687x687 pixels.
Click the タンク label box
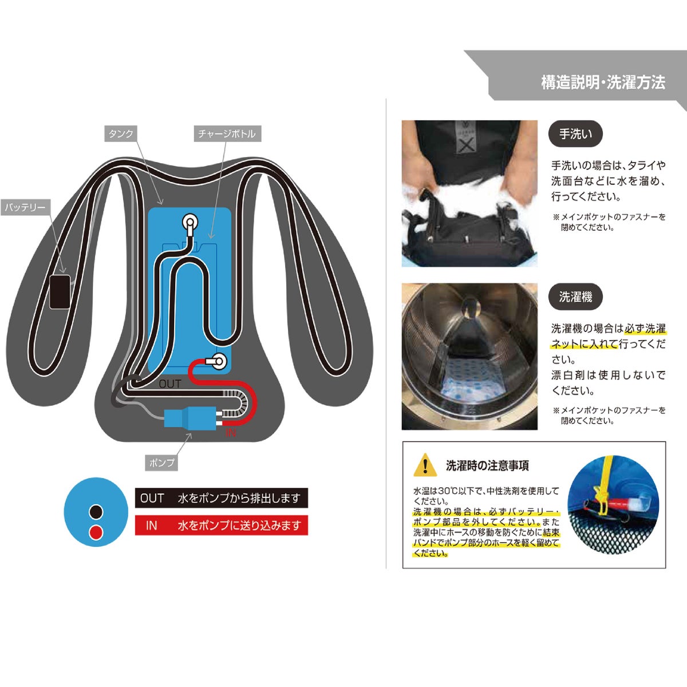pos(121,134)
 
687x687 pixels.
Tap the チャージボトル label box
pos(227,134)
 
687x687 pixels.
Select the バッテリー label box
pos(25,207)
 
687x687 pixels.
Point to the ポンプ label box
pos(161,463)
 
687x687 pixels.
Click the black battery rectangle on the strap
pos(60,291)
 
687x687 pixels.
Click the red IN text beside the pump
pos(230,433)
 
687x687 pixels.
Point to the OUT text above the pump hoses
pos(169,384)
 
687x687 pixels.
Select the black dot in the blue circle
pos(96,512)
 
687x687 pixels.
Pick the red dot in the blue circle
pos(96,532)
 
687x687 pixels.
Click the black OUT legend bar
pos(221,498)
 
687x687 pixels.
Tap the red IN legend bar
pos(221,525)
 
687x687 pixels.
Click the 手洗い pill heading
pos(575,134)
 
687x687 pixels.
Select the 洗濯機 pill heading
pos(575,297)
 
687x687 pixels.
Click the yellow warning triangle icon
pos(425,465)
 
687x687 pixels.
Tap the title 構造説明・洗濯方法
pos(603,82)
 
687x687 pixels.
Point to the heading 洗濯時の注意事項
pos(487,465)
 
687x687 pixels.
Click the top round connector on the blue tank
pos(190,222)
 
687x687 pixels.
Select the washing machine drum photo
pos(469,357)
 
